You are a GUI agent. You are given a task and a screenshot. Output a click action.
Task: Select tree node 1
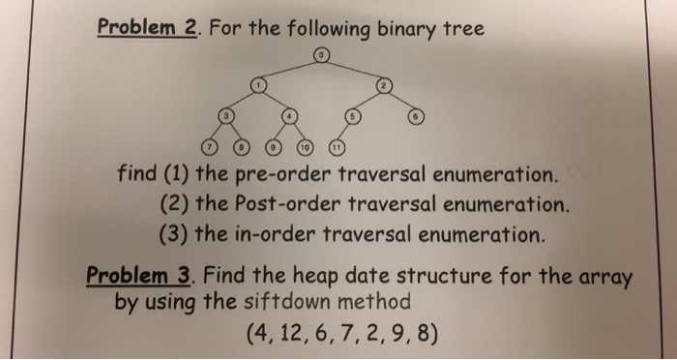(259, 86)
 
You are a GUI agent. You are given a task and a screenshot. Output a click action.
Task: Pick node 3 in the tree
(226, 116)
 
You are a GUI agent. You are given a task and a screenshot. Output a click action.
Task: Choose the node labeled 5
(354, 116)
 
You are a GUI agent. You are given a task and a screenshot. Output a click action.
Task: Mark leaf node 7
(208, 148)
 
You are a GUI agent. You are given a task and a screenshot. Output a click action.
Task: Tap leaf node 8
(242, 148)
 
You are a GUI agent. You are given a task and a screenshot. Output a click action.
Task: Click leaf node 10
(306, 148)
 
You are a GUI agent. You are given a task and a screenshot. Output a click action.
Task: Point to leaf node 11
(338, 148)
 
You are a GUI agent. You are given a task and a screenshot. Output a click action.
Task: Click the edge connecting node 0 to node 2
(353, 69)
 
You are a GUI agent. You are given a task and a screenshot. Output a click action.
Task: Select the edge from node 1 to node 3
(243, 102)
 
